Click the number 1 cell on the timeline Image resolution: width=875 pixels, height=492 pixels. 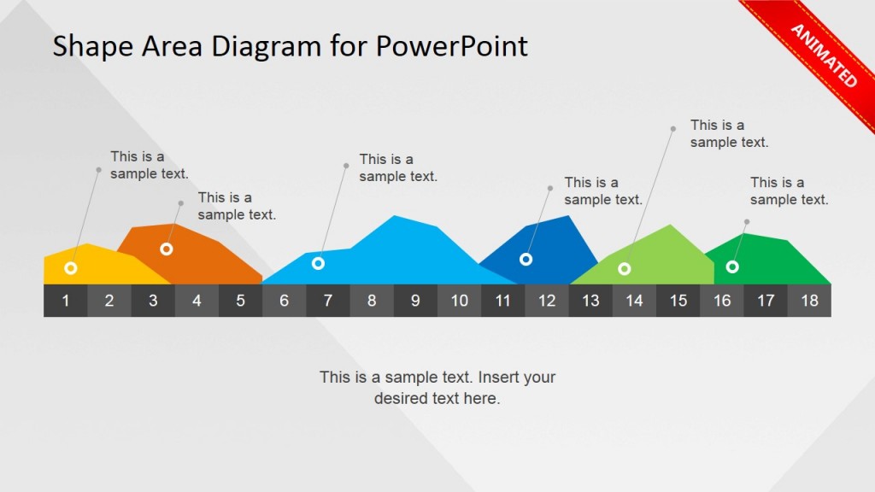tap(66, 301)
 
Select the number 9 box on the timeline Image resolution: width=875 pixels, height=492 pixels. tap(416, 301)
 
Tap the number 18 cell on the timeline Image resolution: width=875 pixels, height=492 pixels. tap(810, 301)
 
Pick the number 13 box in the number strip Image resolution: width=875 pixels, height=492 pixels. tap(591, 301)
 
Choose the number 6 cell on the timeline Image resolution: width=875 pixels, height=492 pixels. tap(285, 301)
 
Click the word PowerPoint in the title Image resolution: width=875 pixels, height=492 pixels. tap(451, 46)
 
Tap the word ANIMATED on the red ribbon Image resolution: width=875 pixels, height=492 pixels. tap(825, 56)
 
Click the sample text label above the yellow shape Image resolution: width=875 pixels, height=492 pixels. tap(149, 165)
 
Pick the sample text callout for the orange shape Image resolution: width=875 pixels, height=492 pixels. tap(237, 206)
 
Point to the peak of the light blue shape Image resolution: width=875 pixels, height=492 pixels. tap(395, 216)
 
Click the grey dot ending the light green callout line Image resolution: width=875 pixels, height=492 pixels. tap(673, 129)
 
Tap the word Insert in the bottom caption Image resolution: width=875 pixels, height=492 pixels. tap(497, 377)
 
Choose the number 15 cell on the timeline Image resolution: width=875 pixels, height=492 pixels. tap(678, 301)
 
